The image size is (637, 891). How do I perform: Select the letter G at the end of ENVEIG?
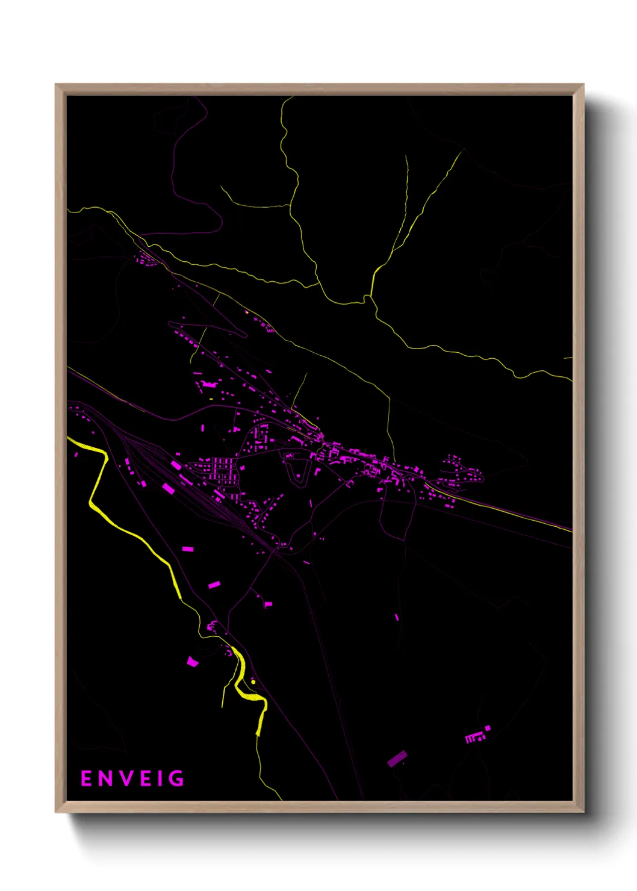pos(176,779)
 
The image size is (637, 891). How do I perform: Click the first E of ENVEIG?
pos(86,779)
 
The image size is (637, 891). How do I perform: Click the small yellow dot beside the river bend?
pos(253,681)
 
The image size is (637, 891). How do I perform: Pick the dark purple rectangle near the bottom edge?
pos(397,759)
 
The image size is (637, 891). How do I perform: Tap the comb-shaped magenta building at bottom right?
pos(474,737)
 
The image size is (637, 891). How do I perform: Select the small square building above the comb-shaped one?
pos(488,728)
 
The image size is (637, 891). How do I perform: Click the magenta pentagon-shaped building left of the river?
pos(192,662)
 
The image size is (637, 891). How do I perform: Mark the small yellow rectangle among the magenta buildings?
pos(211,399)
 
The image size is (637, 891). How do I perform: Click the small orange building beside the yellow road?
pos(247,312)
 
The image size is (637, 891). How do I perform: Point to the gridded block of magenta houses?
pos(220,469)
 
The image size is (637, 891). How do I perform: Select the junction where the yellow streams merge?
pos(368,299)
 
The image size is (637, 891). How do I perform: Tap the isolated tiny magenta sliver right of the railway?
pos(397,617)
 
